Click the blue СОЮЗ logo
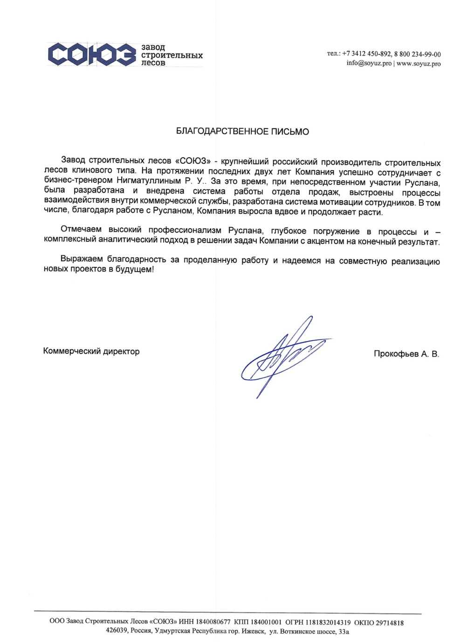pyautogui.click(x=92, y=55)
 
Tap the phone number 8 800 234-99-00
pyautogui.click(x=417, y=54)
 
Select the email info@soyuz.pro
pyautogui.click(x=369, y=63)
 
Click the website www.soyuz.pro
pyautogui.click(x=419, y=63)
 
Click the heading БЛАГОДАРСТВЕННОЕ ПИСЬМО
pyautogui.click(x=242, y=132)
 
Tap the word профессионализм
pyautogui.click(x=185, y=230)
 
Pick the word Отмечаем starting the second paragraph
pyautogui.click(x=81, y=229)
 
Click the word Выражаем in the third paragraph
pyautogui.click(x=81, y=259)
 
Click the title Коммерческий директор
pyautogui.click(x=91, y=351)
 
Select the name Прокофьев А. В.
pyautogui.click(x=406, y=354)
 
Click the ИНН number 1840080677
pyautogui.click(x=213, y=622)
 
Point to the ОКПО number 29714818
pyautogui.click(x=390, y=622)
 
